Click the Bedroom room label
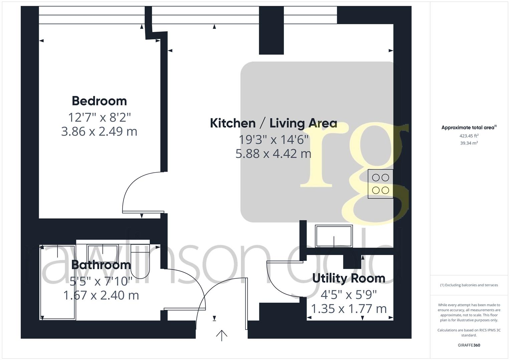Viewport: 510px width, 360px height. point(99,101)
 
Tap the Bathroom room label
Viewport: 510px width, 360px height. point(101,265)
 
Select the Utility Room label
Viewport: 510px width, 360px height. point(349,278)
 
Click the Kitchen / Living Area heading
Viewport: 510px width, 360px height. point(273,123)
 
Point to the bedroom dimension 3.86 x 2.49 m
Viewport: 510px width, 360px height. point(99,131)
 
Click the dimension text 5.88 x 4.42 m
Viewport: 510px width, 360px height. point(273,154)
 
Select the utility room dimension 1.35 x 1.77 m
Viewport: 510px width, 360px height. point(349,309)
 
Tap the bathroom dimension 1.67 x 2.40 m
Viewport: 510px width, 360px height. point(101,295)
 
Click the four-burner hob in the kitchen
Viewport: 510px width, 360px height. point(380,184)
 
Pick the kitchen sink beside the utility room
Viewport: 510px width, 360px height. point(334,236)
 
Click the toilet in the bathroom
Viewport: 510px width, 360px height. point(140,261)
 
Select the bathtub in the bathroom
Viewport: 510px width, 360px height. point(58,282)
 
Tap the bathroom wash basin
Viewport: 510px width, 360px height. point(102,251)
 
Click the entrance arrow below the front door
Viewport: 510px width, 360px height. point(221,335)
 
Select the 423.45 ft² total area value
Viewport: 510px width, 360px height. point(469,136)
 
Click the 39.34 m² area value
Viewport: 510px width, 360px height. point(469,143)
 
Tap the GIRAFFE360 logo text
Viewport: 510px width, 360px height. point(469,345)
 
